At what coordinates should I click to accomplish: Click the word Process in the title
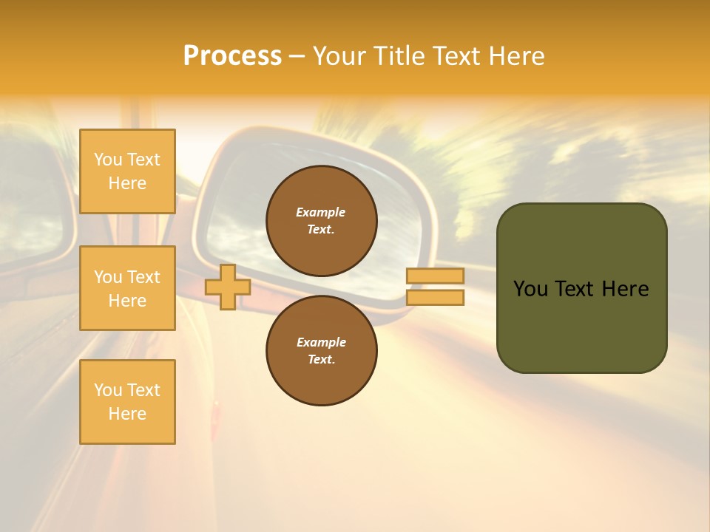pyautogui.click(x=232, y=56)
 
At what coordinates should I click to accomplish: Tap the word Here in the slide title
pyautogui.click(x=515, y=56)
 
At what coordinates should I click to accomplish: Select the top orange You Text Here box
pyautogui.click(x=127, y=171)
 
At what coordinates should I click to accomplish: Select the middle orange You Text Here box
pyautogui.click(x=127, y=288)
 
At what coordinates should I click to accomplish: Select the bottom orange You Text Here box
pyautogui.click(x=127, y=402)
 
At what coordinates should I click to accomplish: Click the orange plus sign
pyautogui.click(x=227, y=287)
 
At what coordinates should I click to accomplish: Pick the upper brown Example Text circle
pyautogui.click(x=322, y=221)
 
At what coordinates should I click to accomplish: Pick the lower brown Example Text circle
pyautogui.click(x=322, y=351)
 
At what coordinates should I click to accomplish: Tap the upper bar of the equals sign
pyautogui.click(x=436, y=276)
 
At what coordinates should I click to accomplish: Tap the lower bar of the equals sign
pyautogui.click(x=436, y=298)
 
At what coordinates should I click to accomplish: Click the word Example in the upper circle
pyautogui.click(x=321, y=212)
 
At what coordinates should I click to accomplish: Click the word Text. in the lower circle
pyautogui.click(x=321, y=360)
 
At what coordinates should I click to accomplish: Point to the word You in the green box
pyautogui.click(x=530, y=289)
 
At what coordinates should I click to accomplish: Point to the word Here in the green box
pyautogui.click(x=625, y=289)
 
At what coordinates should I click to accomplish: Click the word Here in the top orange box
pyautogui.click(x=127, y=183)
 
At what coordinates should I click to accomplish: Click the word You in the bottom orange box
pyautogui.click(x=108, y=390)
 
